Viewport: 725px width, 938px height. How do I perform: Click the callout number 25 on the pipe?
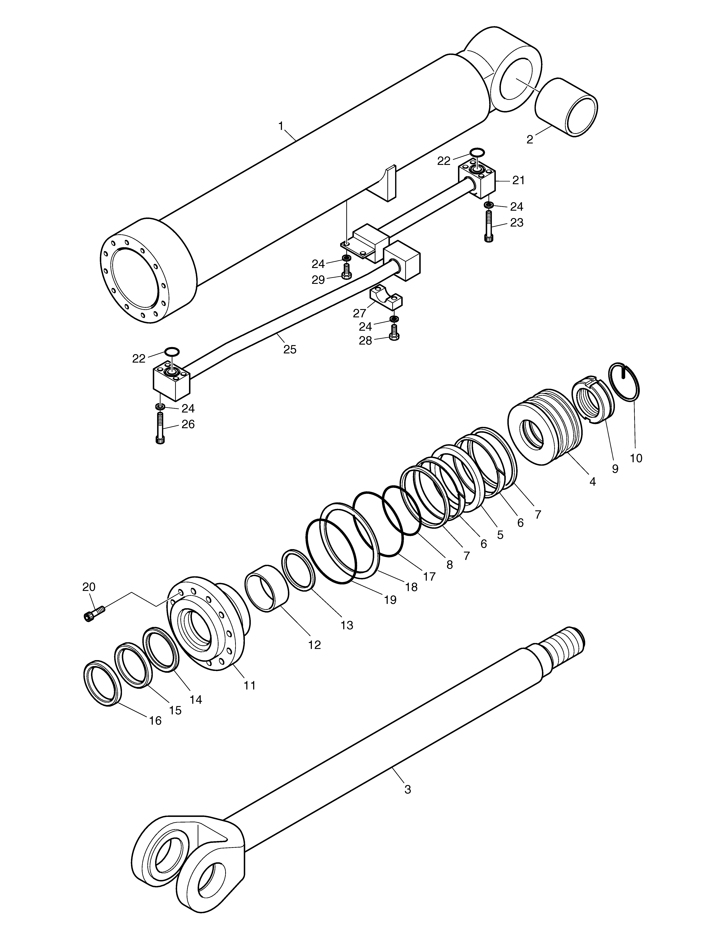click(x=290, y=349)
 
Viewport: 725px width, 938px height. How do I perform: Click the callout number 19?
click(x=390, y=600)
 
